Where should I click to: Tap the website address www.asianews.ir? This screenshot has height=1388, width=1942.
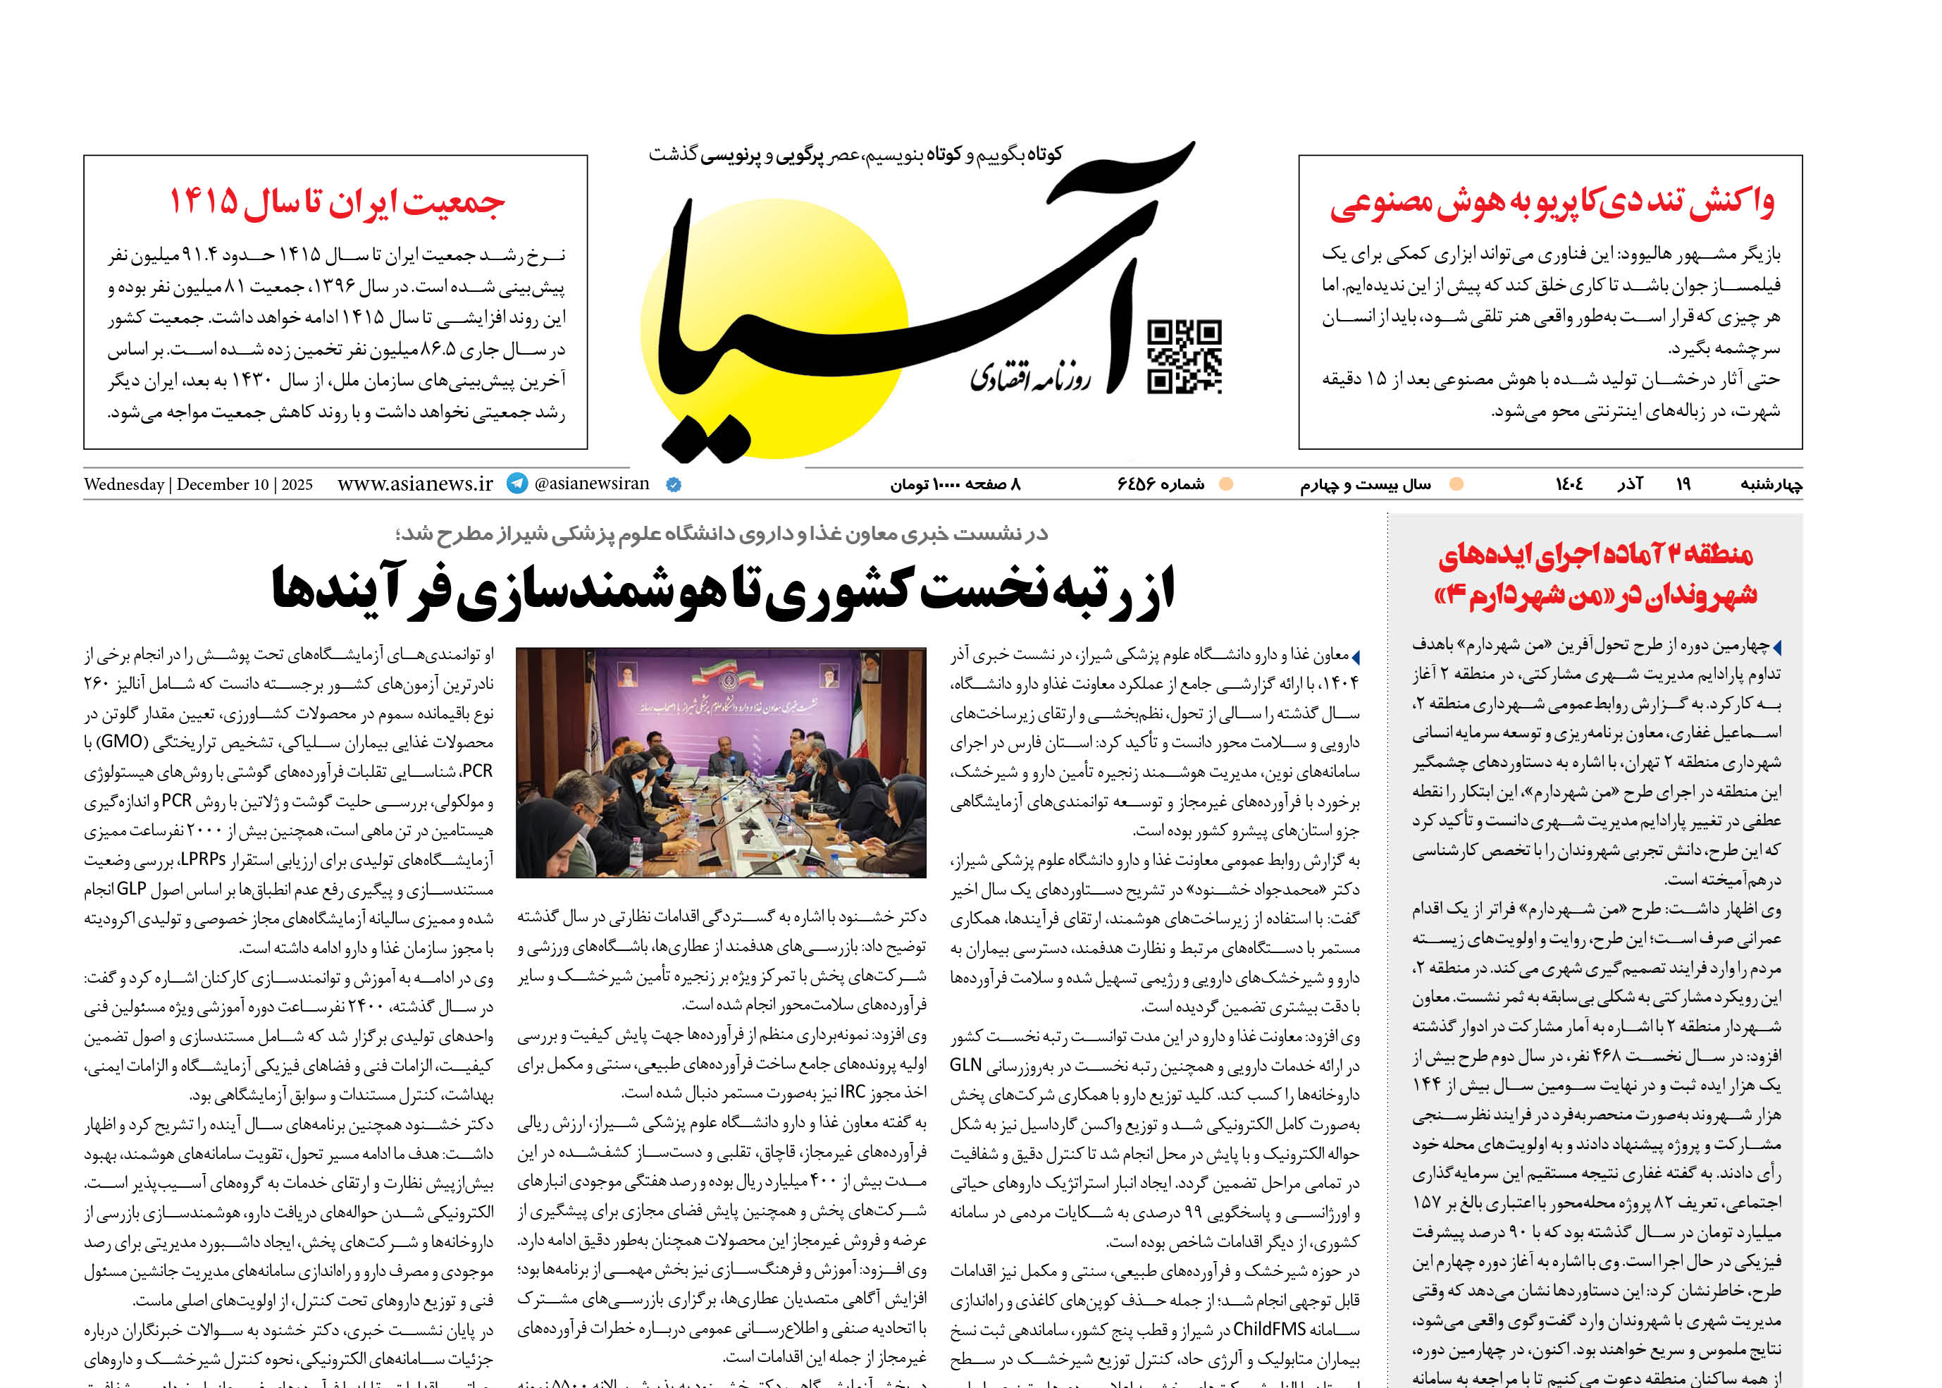415,484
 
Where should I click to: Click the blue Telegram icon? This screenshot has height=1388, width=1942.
517,484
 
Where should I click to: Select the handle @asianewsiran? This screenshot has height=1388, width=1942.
591,484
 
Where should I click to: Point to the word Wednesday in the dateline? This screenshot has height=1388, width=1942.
124,484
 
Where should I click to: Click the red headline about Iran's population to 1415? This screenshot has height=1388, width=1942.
337,202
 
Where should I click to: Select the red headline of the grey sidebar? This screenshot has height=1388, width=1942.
1595,575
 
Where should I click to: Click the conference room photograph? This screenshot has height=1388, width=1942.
721,762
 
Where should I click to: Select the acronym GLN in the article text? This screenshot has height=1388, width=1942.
965,1065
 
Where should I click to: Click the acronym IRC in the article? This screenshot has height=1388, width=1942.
853,1092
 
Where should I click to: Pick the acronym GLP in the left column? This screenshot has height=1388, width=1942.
132,889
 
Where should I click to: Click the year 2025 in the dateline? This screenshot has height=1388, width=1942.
297,484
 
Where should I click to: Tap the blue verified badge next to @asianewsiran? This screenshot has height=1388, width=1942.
673,484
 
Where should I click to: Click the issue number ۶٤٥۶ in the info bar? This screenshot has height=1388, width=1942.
1137,484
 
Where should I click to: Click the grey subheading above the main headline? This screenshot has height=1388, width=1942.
722,534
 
